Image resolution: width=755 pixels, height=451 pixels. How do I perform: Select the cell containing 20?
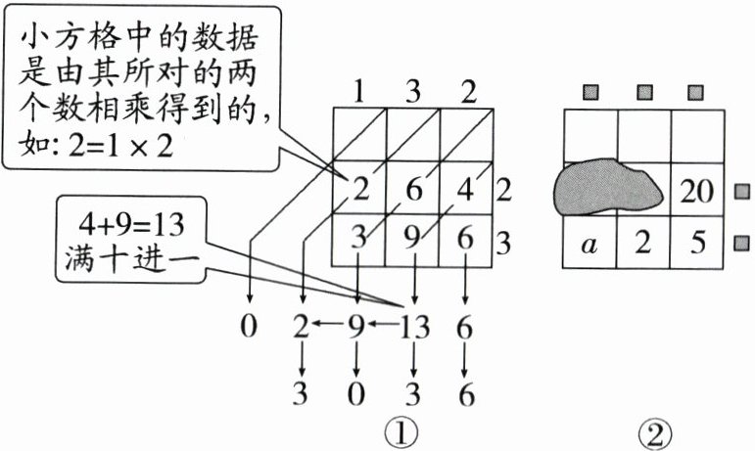coord(696,191)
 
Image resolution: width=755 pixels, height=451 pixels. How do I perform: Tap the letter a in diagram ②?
coord(589,245)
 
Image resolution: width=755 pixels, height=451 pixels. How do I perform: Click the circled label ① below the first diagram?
coord(402,431)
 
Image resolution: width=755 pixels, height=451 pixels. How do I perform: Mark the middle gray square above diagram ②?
coord(644,93)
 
